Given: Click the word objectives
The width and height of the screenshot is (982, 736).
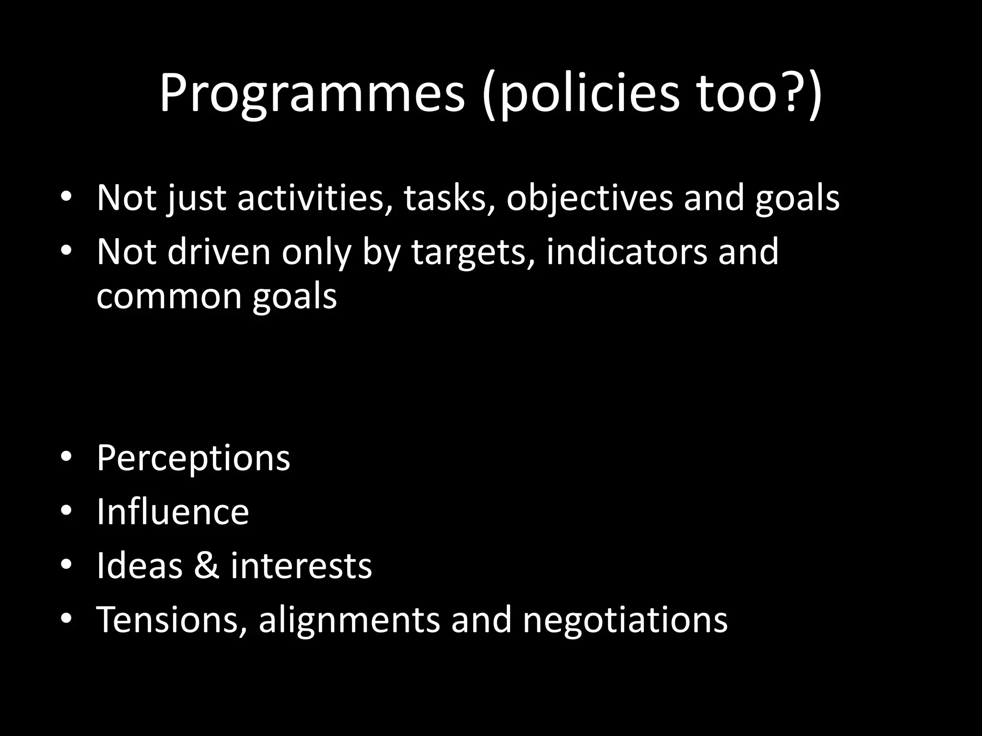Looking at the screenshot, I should [590, 197].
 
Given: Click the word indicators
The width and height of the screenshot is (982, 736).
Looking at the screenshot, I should [626, 252].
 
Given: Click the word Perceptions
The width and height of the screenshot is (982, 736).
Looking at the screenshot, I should [193, 459].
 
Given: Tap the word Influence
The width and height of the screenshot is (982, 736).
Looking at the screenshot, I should [173, 512].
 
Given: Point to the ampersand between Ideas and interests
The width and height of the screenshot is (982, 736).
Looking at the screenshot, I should [207, 565].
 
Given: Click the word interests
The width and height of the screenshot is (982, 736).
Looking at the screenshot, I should [301, 565].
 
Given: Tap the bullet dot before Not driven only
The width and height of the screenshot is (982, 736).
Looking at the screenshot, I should [66, 250].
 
